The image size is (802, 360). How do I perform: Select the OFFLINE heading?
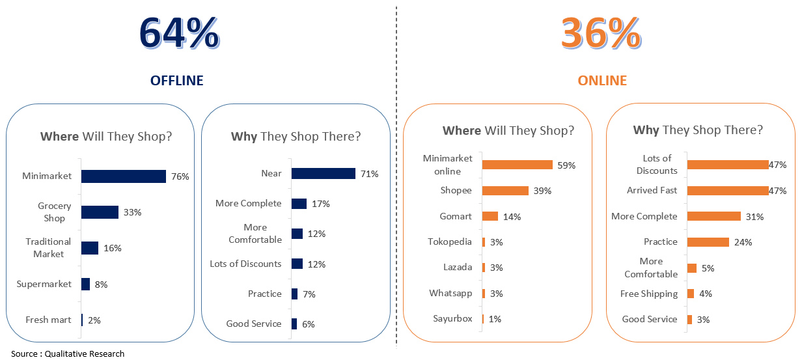(x=177, y=81)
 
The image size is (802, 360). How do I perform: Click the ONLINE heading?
(x=602, y=81)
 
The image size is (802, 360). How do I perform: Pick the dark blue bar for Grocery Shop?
(x=100, y=212)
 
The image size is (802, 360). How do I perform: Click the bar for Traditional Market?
(x=90, y=248)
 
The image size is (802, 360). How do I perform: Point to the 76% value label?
(x=180, y=176)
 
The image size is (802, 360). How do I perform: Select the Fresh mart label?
(x=48, y=320)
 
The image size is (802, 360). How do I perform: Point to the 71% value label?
(x=369, y=174)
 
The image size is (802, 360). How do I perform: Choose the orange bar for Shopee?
(x=506, y=191)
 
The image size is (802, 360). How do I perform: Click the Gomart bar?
(x=490, y=216)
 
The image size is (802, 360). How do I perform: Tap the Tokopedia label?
(x=450, y=242)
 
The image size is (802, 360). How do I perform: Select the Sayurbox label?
(x=452, y=318)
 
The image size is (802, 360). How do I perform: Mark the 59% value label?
(x=566, y=165)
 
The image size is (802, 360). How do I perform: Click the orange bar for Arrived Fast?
(x=728, y=191)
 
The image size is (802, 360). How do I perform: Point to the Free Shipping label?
(x=649, y=294)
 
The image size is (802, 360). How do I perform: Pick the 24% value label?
(x=743, y=242)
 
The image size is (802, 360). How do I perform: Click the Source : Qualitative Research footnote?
(x=68, y=353)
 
